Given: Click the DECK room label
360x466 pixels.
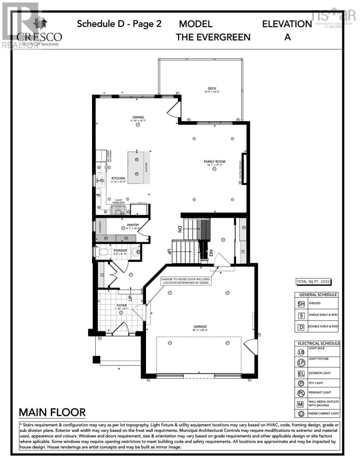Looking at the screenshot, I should (212, 89).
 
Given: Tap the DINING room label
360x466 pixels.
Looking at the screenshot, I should (138, 117).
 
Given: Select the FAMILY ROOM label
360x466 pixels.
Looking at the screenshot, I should (214, 162).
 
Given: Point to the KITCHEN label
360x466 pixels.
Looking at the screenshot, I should (107, 178).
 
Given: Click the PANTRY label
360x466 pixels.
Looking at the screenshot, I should (133, 225).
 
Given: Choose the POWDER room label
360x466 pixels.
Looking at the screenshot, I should (120, 250).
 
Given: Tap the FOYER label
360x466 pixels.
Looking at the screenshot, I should (122, 306).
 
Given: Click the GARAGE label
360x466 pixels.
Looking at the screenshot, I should (200, 327).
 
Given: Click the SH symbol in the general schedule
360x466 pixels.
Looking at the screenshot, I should (301, 304).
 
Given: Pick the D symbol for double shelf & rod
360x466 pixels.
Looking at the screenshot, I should (301, 327).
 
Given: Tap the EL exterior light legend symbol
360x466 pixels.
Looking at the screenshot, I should (301, 374).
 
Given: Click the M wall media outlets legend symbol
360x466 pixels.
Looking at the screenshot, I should (301, 404).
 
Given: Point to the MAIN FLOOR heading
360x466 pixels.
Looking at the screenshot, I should (52, 412).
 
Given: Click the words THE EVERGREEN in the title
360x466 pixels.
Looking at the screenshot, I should (213, 37).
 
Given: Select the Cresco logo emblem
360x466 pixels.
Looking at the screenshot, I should (40, 24).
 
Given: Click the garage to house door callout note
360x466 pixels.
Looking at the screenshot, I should (186, 280).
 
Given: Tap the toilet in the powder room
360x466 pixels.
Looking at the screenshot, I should (103, 252).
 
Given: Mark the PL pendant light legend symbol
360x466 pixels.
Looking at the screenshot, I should (301, 393).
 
